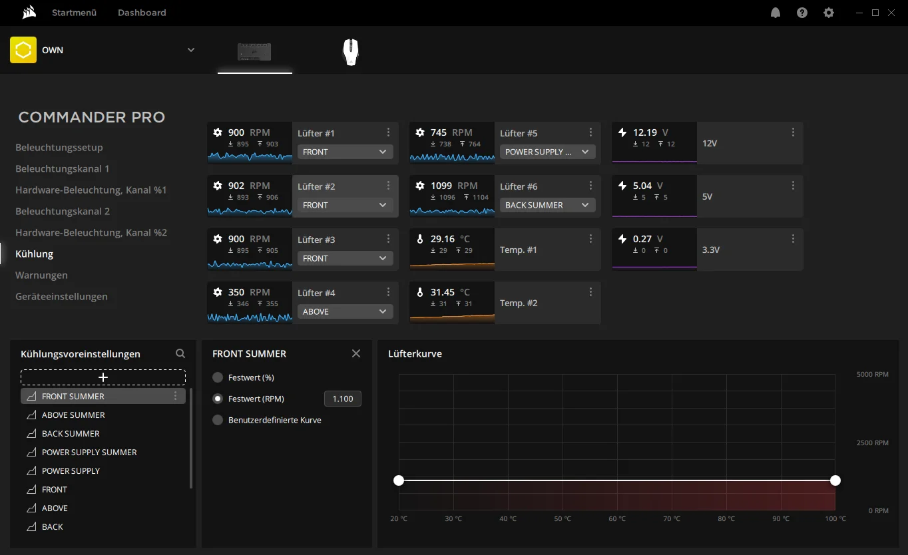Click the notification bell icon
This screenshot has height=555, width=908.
(x=775, y=13)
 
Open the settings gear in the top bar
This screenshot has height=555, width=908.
(x=829, y=13)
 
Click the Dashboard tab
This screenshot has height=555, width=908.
(x=142, y=13)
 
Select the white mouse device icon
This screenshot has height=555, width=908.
(x=351, y=52)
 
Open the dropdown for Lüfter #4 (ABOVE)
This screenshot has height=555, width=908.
(x=345, y=311)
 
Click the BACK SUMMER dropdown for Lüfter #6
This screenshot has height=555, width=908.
(x=547, y=205)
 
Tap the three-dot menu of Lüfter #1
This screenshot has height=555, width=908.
(x=388, y=132)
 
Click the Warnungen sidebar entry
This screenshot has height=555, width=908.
(x=41, y=275)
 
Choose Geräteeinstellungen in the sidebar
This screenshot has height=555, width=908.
(x=62, y=297)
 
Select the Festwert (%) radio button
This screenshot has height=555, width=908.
(x=218, y=377)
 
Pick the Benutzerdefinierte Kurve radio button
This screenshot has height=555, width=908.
(x=218, y=420)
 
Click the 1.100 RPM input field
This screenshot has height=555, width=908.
(x=343, y=399)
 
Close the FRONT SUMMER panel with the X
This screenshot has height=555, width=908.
(x=356, y=353)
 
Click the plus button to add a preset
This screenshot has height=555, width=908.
(x=103, y=377)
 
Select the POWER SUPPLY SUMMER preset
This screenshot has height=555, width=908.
(x=89, y=452)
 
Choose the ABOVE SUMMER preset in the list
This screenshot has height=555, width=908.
(x=73, y=415)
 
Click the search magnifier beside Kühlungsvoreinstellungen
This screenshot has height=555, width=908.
(x=180, y=353)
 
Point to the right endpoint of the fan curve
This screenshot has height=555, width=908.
(x=835, y=480)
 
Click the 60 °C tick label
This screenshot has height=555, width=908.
(x=617, y=518)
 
